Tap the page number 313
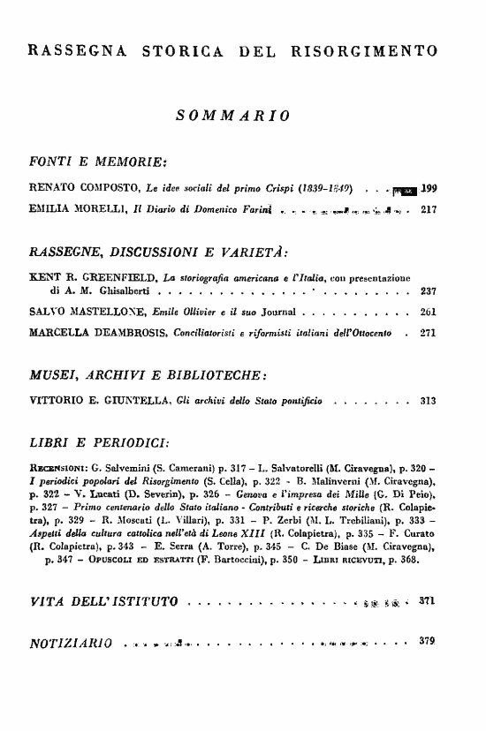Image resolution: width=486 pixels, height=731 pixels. pos(429,401)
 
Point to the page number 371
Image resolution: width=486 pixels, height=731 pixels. pos(429,601)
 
